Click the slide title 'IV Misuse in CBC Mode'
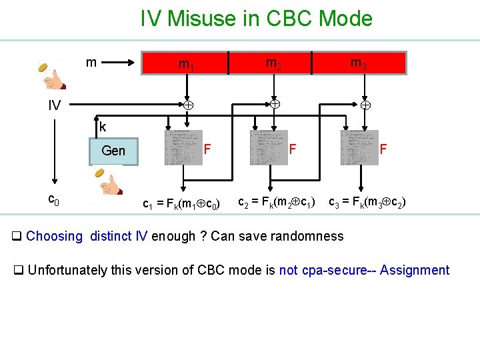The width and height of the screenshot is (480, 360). [x=256, y=18]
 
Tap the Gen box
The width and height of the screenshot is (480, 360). [x=113, y=151]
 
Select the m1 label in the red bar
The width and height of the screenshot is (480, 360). [x=186, y=64]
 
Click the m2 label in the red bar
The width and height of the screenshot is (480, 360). [x=273, y=63]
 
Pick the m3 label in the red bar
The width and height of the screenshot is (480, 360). [x=359, y=63]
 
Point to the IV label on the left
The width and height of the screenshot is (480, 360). [x=54, y=105]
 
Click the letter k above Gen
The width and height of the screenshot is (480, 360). [x=103, y=126]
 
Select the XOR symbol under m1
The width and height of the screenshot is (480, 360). [x=188, y=105]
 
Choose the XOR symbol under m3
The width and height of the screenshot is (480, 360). [x=365, y=105]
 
